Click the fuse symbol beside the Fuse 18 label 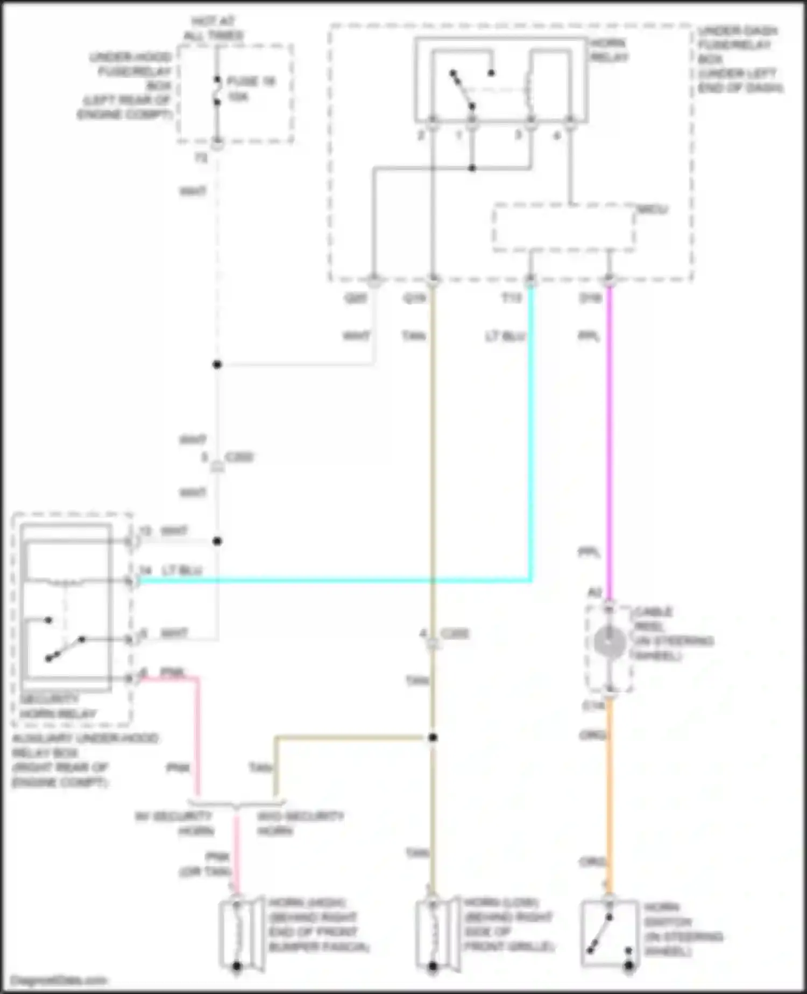[217, 90]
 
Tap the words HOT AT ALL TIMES [214, 29]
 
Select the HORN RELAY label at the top [608, 50]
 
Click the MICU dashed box [563, 227]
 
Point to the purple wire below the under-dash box [609, 431]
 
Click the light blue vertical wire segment [531, 431]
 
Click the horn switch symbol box [610, 935]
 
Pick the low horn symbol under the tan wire [434, 934]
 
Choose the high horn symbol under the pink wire [237, 934]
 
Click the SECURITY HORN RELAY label [58, 706]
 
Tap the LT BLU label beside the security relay [182, 570]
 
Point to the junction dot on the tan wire [433, 737]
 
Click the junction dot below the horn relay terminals [472, 168]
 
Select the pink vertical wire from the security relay [197, 738]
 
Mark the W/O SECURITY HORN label [300, 823]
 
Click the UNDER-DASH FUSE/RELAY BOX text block [740, 59]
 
